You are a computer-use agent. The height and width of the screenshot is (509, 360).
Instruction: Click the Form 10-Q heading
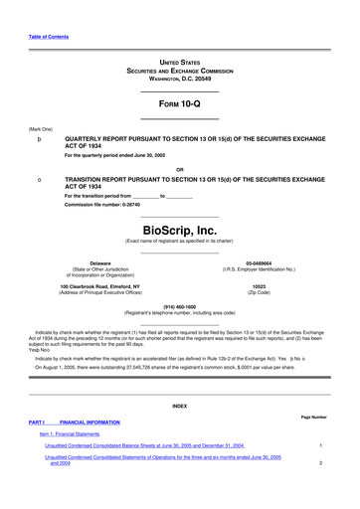179,102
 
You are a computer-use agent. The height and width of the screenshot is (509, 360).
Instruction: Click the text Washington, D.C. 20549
179,78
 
